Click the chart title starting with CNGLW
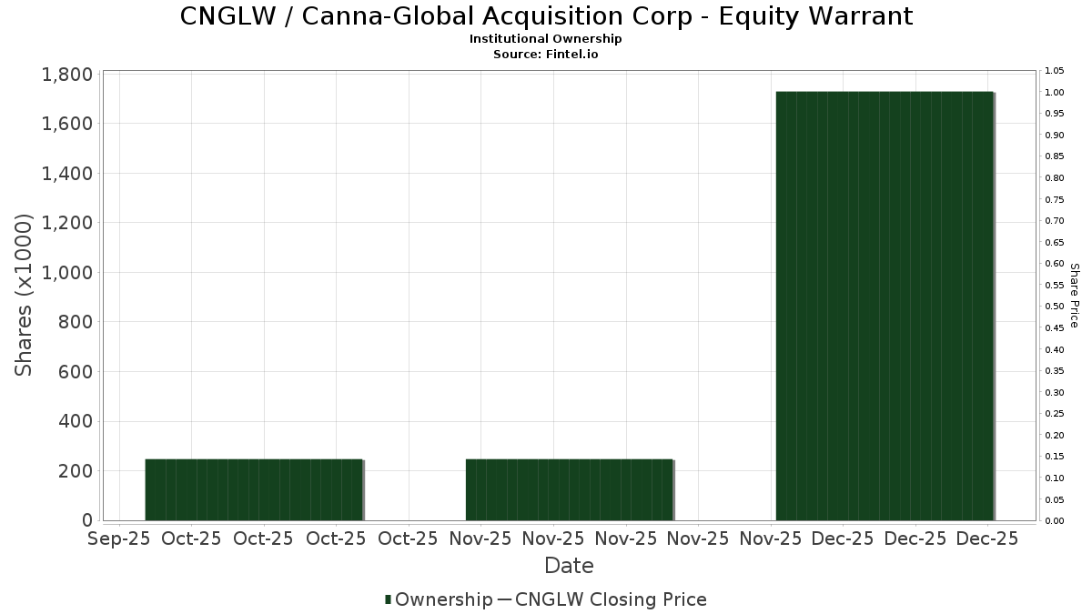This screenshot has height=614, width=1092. [x=546, y=16]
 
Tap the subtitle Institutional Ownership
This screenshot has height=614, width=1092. [x=546, y=39]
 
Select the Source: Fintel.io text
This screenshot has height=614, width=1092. [x=546, y=55]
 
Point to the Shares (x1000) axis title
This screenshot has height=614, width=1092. [x=25, y=295]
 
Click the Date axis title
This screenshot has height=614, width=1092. [x=569, y=566]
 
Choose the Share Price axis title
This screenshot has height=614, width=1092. [x=1074, y=296]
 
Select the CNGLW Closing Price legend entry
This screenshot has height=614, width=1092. [x=610, y=599]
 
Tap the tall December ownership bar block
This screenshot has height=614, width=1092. [x=884, y=306]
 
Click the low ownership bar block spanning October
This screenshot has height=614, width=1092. [x=254, y=489]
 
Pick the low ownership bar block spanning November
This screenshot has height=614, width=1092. [x=569, y=489]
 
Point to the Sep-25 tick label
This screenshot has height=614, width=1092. [x=119, y=539]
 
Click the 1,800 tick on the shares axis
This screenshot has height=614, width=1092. [x=67, y=75]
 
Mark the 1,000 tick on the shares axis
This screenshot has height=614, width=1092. [x=67, y=273]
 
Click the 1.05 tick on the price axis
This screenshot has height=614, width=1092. [x=1055, y=71]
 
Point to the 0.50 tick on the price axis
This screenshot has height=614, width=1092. [x=1055, y=307]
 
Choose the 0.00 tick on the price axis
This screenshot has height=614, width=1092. [x=1055, y=521]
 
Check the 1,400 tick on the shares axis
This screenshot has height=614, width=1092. [x=67, y=174]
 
